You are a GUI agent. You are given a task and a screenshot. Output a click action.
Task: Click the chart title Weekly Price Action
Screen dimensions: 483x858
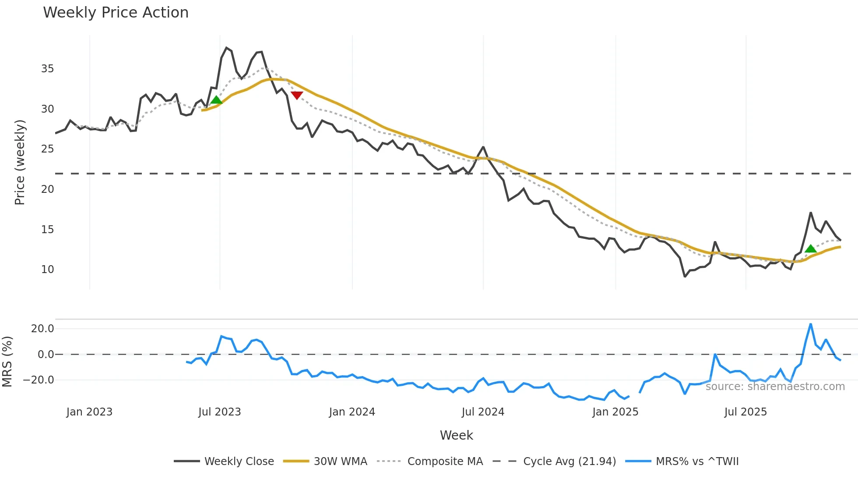coord(116,13)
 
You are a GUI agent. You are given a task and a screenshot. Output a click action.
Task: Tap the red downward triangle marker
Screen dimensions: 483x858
coord(297,95)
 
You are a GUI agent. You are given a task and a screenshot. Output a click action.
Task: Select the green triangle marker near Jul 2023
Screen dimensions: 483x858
coord(216,100)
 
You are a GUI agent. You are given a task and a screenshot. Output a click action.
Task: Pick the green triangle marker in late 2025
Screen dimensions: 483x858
coord(810,249)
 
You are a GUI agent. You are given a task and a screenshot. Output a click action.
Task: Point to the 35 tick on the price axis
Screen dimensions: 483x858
coord(47,69)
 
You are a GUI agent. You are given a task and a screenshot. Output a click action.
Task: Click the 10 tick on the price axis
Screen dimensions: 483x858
coord(47,270)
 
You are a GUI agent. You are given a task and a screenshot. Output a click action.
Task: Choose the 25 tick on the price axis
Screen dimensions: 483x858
coord(47,149)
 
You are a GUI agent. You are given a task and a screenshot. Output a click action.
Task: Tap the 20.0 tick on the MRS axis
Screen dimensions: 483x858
coord(42,329)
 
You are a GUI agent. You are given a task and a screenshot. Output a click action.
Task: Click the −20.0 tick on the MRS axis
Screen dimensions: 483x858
coord(39,380)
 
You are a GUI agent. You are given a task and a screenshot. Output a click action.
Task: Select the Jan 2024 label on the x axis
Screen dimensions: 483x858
coord(352,412)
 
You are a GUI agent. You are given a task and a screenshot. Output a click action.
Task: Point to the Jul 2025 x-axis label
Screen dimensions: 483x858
coord(745,412)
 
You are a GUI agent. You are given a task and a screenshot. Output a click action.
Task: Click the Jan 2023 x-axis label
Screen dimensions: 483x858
coord(89,412)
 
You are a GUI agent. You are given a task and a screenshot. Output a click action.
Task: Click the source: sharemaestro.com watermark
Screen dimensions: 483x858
coord(775,387)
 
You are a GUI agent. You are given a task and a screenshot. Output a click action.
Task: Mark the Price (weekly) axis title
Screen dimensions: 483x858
coord(20,162)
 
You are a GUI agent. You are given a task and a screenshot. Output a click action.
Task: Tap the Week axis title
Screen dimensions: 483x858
coord(456,435)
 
